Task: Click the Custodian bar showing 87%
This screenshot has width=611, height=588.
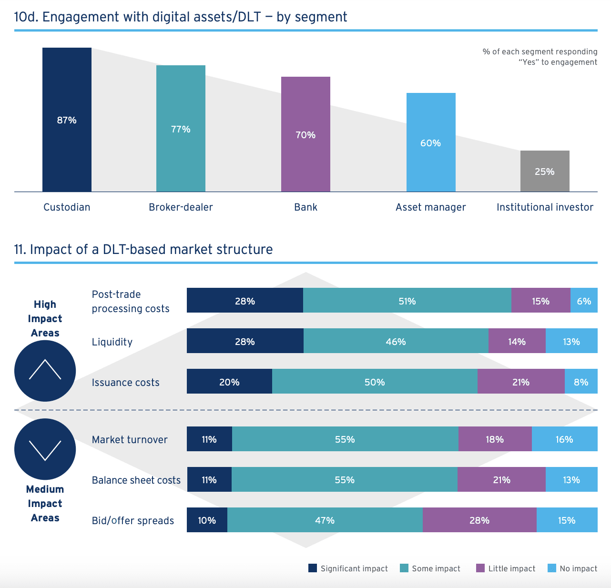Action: click(x=67, y=120)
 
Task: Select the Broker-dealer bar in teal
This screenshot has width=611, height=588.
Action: click(x=181, y=129)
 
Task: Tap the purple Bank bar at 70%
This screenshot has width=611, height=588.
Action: click(x=305, y=134)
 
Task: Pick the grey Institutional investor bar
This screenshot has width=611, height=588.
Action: click(x=545, y=171)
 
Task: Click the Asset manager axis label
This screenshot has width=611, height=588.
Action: click(x=430, y=207)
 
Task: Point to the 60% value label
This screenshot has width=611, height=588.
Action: click(x=430, y=143)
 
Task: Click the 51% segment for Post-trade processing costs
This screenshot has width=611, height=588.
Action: click(x=407, y=301)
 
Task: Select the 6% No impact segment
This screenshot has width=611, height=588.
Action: click(x=584, y=301)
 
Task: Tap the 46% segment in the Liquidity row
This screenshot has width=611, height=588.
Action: click(x=396, y=341)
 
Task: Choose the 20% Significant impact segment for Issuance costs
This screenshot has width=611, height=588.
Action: click(x=229, y=382)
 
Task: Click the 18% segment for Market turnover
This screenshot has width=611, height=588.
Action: click(x=495, y=439)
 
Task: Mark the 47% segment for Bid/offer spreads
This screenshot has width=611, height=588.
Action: click(x=325, y=520)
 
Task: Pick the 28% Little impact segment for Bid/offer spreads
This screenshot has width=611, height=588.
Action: click(x=479, y=520)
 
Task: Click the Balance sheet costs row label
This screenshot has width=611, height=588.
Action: click(x=136, y=480)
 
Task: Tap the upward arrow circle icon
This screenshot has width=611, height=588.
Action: click(x=45, y=371)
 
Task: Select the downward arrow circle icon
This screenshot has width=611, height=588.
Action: click(x=45, y=449)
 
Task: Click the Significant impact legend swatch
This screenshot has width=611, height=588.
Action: click(x=313, y=568)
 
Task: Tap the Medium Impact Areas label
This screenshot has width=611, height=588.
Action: click(x=45, y=503)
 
